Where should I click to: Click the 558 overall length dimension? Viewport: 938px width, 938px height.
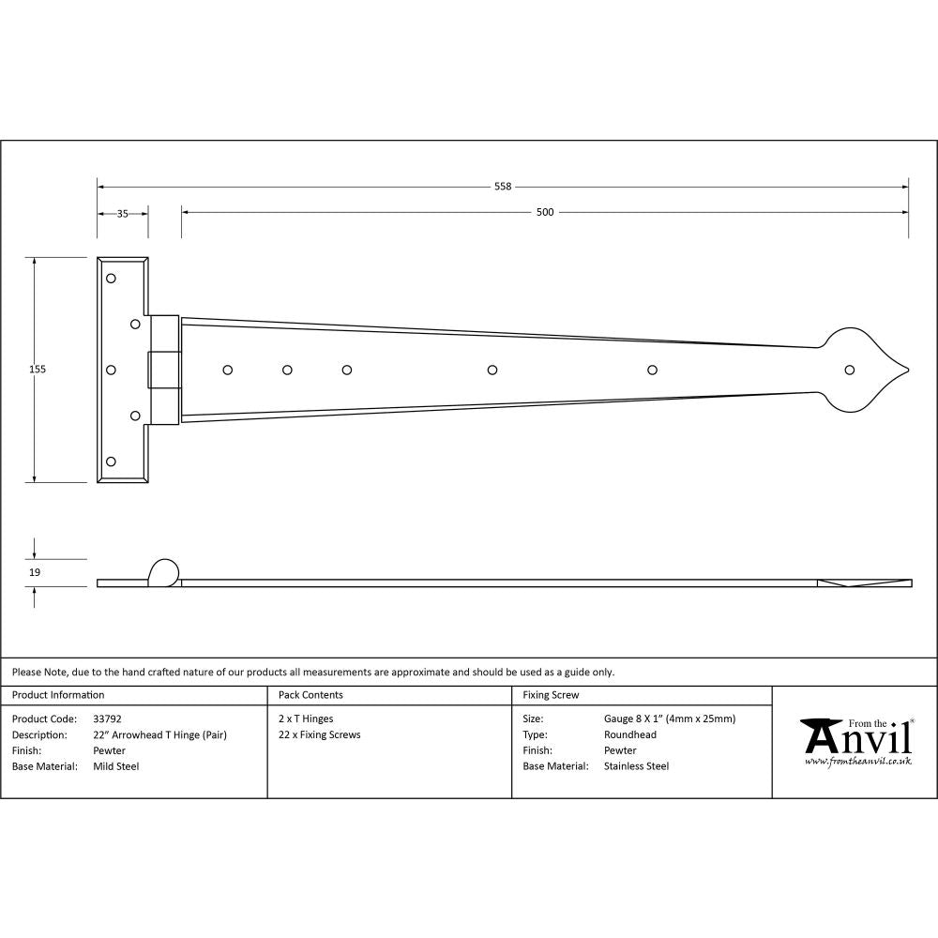[x=503, y=187]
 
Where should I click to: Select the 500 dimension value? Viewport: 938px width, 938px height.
[x=545, y=212]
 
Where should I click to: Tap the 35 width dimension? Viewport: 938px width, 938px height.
[x=122, y=213]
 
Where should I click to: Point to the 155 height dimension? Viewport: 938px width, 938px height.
[x=38, y=370]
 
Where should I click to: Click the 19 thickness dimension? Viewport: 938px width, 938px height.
[x=35, y=571]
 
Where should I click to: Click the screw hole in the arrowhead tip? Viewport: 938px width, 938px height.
[x=850, y=370]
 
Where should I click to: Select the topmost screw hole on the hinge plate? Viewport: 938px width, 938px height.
[x=111, y=279]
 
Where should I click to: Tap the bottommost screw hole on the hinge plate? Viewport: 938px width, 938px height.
[x=111, y=461]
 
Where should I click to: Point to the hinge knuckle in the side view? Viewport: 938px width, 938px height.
[x=163, y=571]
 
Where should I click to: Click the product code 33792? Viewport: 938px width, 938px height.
[x=108, y=719]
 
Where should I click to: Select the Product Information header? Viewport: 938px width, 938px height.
[x=58, y=695]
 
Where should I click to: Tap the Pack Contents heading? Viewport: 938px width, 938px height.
[x=310, y=695]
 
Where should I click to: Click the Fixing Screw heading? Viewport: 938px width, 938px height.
[x=551, y=695]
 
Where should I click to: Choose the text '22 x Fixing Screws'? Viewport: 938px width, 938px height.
[x=320, y=734]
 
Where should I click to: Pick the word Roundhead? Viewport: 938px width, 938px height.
[x=630, y=734]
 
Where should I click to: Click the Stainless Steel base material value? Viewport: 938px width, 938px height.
[x=636, y=766]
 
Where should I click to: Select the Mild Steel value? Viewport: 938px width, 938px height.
[x=116, y=766]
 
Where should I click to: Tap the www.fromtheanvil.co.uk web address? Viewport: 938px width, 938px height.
[x=857, y=762]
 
